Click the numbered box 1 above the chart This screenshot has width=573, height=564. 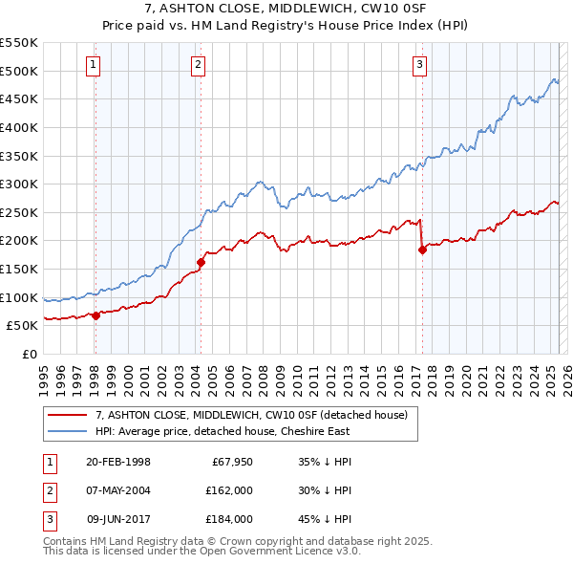click(94, 65)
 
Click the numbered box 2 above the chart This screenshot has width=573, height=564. click(198, 65)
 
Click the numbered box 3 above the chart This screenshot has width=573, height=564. click(419, 65)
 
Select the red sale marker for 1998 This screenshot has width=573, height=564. click(96, 315)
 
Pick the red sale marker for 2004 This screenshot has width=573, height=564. click(202, 262)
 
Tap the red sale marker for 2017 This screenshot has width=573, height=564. click(422, 250)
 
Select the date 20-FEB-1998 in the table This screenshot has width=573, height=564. click(117, 463)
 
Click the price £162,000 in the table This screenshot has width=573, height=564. click(229, 491)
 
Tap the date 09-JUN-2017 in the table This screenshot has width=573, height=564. click(119, 520)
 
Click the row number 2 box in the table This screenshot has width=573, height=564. click(48, 491)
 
